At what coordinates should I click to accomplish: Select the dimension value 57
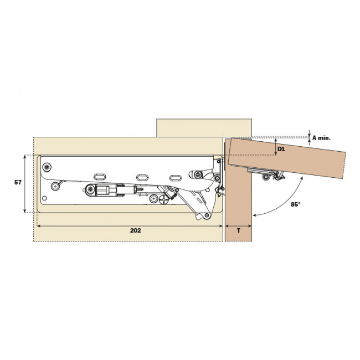click(18, 183)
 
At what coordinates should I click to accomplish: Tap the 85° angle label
click(295, 204)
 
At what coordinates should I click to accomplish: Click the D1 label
click(281, 150)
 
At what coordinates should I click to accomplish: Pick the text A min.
click(321, 137)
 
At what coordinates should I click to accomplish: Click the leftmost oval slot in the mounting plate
click(100, 176)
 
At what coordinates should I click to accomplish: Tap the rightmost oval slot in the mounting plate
click(175, 177)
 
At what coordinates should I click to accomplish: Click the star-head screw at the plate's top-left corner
click(48, 166)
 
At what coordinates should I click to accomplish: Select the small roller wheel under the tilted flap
click(267, 177)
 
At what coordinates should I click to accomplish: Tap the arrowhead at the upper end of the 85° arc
click(302, 179)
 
